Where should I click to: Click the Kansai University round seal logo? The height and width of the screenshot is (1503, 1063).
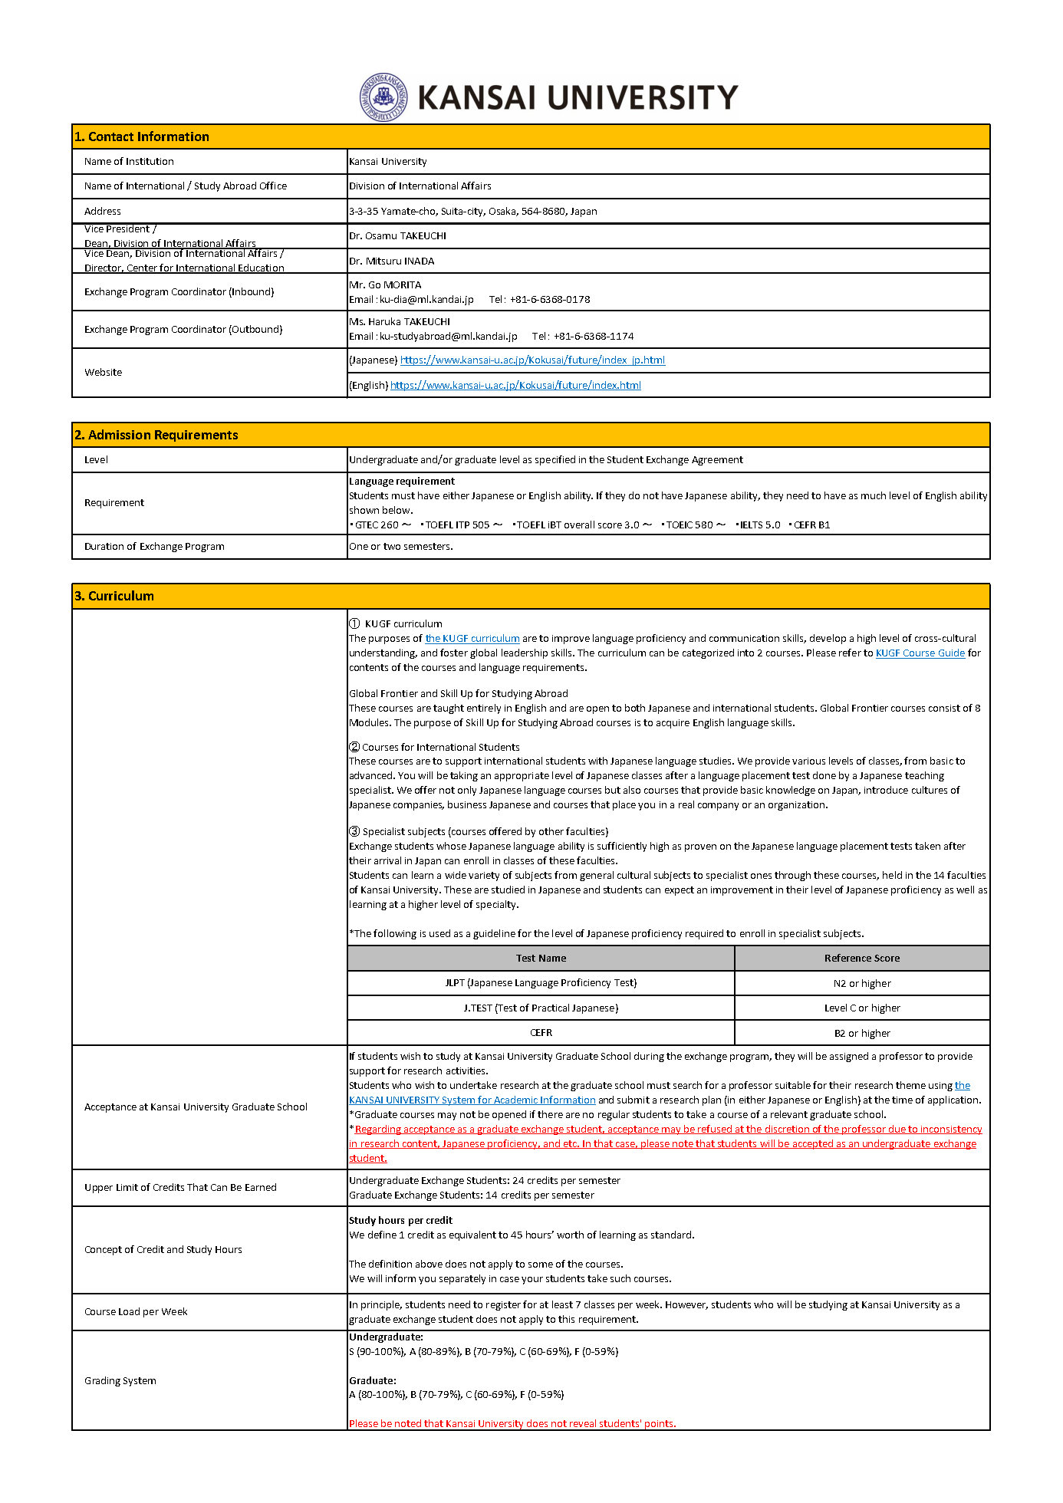(x=383, y=97)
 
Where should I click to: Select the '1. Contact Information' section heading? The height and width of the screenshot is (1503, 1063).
(x=142, y=136)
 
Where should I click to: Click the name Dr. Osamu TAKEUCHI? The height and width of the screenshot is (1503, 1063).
(x=397, y=235)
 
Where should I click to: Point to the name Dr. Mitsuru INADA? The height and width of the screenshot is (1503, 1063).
(x=391, y=261)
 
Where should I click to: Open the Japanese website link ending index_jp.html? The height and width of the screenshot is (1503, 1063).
(x=532, y=360)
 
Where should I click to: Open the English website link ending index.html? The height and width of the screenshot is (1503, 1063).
(x=515, y=385)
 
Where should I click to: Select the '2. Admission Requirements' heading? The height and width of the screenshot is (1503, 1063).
(x=156, y=435)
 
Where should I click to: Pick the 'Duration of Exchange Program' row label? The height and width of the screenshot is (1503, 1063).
(x=154, y=546)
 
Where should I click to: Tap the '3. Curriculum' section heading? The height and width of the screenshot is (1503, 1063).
(x=114, y=596)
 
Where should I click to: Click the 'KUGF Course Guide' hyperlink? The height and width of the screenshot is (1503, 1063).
(x=920, y=653)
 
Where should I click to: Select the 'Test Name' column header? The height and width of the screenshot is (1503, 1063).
(x=541, y=958)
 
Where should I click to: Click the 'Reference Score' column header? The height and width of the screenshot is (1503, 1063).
(x=862, y=958)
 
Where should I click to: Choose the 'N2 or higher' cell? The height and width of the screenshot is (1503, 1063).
(x=862, y=983)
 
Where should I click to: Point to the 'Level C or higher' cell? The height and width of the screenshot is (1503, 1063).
(x=862, y=1008)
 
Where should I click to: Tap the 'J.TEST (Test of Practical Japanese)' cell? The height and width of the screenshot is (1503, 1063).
(x=541, y=1008)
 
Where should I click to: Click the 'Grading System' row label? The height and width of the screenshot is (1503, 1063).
(x=120, y=1380)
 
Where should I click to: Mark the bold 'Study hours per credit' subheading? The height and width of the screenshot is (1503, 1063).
(x=400, y=1220)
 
